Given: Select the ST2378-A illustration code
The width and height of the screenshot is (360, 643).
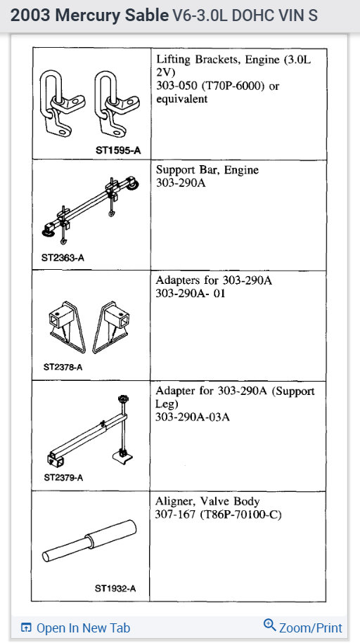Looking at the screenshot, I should point(63,367).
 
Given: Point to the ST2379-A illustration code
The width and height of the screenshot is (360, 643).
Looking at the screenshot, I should point(63,478).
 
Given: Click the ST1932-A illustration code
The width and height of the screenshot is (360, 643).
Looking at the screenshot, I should point(115,588).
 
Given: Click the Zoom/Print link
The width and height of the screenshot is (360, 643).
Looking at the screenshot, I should point(310,628).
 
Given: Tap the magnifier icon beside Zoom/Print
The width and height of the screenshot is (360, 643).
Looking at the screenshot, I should point(269,626).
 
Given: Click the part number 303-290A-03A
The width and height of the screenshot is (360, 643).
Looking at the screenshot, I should point(193,417).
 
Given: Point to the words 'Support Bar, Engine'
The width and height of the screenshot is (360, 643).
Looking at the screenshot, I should point(207,170).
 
